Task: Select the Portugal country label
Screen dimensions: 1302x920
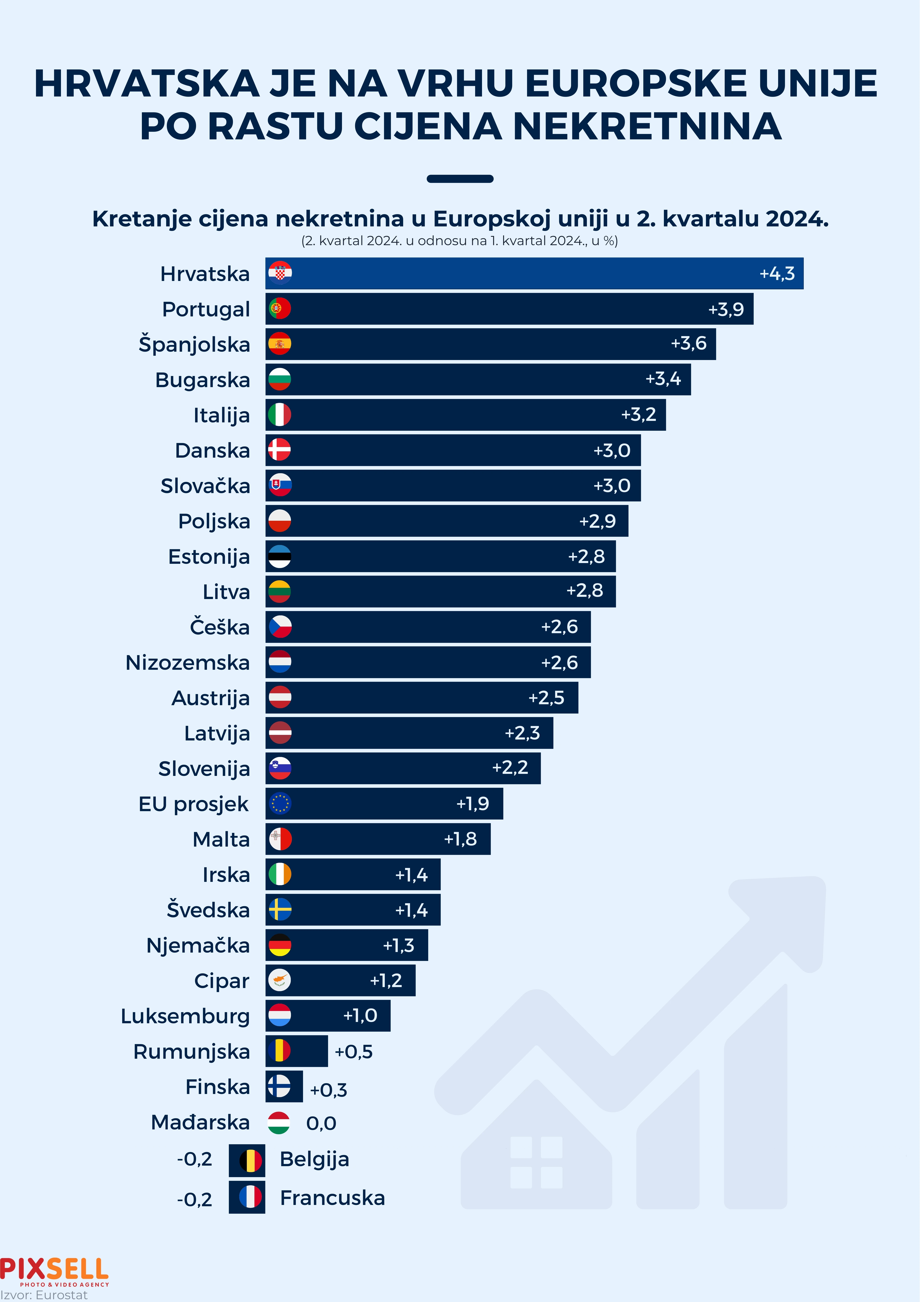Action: tap(206, 309)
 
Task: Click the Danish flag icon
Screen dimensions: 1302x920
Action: tap(279, 450)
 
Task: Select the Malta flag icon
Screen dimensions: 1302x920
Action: tap(279, 839)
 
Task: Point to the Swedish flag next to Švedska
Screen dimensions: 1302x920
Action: tap(279, 910)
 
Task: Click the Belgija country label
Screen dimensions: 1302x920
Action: tap(314, 1159)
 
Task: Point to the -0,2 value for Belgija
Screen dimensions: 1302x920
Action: tap(194, 1159)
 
